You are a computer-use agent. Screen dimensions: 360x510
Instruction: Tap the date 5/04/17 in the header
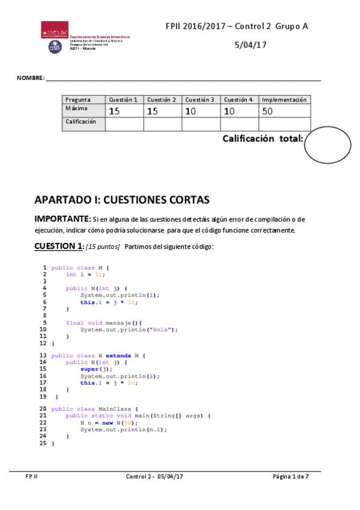tap(250, 45)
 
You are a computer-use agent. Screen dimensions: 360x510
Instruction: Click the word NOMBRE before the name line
tap(30, 79)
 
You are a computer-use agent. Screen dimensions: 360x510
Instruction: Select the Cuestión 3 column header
tap(200, 100)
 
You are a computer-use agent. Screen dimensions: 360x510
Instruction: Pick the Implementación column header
tap(284, 100)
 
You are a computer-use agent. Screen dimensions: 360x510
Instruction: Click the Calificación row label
tap(81, 122)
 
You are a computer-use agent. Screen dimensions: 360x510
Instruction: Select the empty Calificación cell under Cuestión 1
tap(124, 124)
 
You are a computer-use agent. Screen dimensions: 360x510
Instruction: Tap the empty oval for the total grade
tap(327, 145)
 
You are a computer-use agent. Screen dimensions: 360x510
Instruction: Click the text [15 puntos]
tap(103, 247)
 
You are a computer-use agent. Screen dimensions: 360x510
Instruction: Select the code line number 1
tap(44, 268)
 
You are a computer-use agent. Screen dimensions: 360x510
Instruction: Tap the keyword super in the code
tap(89, 369)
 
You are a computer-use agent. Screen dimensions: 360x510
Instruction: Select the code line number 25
tap(43, 443)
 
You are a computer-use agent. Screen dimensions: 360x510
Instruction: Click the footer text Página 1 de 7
tap(291, 477)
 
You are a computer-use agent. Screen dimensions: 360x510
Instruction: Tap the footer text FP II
tap(31, 477)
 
